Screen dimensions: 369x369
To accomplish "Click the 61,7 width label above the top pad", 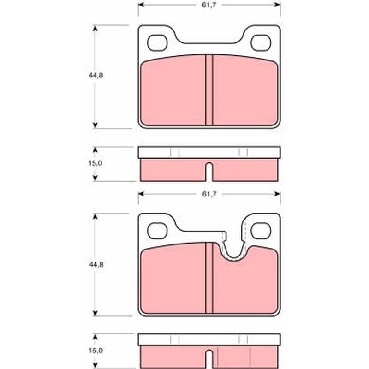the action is [x=209, y=5].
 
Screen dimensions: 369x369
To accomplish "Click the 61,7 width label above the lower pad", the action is [x=209, y=194].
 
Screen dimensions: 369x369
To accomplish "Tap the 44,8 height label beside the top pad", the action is [x=96, y=75].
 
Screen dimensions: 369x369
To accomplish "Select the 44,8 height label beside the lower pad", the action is [x=96, y=264].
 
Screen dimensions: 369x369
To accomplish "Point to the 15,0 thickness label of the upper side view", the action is [x=95, y=163].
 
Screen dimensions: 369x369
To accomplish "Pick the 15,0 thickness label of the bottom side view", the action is [x=95, y=351].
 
